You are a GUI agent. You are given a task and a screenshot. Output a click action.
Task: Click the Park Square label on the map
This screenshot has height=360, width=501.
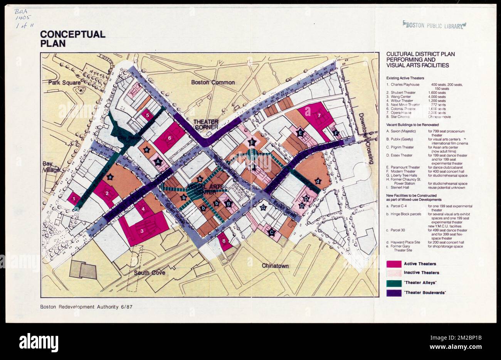pos(64,82)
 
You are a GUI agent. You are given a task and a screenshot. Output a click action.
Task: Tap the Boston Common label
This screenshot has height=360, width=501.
pos(213,82)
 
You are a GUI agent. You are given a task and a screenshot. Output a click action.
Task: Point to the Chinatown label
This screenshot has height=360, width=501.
pos(275,266)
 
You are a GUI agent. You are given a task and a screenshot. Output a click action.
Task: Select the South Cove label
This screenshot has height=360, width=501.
pos(150,273)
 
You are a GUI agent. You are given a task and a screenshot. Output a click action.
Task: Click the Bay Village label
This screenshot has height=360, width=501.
pos(51,167)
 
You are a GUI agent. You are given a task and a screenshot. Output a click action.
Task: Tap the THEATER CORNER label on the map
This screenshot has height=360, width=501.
pos(206,124)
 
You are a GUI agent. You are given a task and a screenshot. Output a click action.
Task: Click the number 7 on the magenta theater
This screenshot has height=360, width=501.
pos(319,115)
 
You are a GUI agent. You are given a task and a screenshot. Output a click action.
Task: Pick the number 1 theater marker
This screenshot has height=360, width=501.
pos(73,199)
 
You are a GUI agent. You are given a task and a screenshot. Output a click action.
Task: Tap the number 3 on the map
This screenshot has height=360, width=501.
pos(142,231)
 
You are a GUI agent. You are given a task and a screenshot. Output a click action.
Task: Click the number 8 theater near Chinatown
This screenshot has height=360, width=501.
pos(224,241)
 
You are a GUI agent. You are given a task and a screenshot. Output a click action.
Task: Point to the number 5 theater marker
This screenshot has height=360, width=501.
pos(147,114)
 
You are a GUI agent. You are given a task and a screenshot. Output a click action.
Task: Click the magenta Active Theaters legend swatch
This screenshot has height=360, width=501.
pos(393,264)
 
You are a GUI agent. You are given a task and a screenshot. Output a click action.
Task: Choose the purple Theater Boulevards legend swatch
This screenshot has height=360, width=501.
pos(393,293)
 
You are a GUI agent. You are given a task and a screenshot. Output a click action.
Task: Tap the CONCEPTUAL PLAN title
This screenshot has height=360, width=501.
pos(72,39)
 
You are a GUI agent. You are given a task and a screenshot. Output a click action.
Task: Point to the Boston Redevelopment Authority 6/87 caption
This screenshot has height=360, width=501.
pos(87,307)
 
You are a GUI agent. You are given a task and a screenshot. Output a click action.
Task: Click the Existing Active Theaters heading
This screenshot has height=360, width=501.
pos(405,78)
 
